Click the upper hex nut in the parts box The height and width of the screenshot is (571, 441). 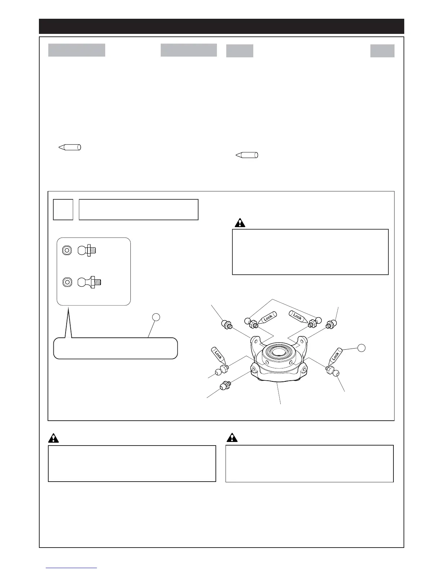[x=66, y=250]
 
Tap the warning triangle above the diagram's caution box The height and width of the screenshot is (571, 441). [x=240, y=223]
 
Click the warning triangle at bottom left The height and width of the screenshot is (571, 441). [x=53, y=438]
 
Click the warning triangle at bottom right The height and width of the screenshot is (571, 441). [x=232, y=438]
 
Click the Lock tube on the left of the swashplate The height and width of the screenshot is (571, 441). [x=218, y=354]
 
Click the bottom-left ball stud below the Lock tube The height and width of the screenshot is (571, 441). [x=225, y=386]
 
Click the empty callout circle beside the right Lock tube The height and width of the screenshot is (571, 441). [x=362, y=348]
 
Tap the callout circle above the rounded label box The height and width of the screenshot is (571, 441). [x=155, y=317]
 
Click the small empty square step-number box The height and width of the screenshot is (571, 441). [x=63, y=209]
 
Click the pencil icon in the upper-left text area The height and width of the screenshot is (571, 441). [x=70, y=147]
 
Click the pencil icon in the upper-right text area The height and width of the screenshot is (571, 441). [x=247, y=155]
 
